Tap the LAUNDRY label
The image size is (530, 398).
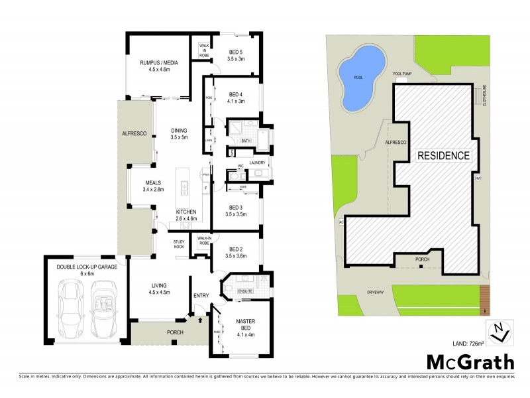coord(257,163)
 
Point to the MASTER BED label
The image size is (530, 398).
coord(246,325)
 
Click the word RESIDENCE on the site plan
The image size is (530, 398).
coord(443,157)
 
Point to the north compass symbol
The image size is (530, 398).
coord(498,332)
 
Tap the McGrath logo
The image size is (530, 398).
coord(469,362)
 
